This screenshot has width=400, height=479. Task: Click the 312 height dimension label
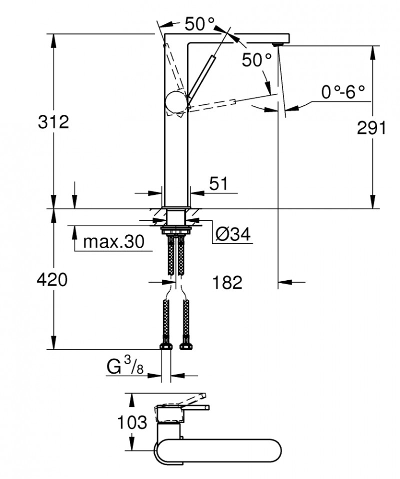(53, 121)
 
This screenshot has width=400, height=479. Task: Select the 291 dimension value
(371, 128)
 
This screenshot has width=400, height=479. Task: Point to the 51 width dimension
(218, 184)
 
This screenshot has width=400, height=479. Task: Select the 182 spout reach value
(227, 282)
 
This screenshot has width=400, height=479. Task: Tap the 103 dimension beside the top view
(132, 422)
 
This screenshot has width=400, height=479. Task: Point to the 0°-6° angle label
(343, 91)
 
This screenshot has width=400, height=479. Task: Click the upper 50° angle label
(199, 23)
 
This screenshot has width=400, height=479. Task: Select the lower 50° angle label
(256, 60)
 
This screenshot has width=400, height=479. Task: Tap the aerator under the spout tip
(276, 44)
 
